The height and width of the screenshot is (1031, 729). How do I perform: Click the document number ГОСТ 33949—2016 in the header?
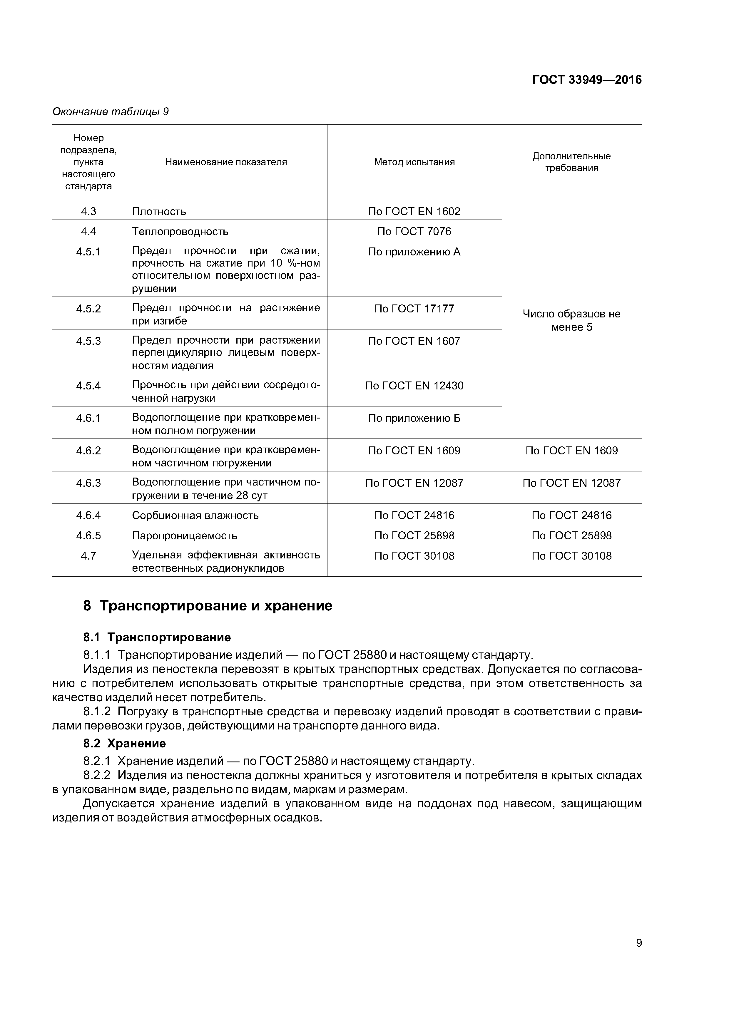pos(587,80)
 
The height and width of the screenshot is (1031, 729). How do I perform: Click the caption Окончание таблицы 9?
pos(111,111)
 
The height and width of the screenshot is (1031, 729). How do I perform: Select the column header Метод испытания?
pos(414,162)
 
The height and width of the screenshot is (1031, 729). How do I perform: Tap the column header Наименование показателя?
pos(226,162)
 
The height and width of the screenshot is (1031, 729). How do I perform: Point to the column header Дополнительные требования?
pos(571,162)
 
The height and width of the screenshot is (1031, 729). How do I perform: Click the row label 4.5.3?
pos(88,341)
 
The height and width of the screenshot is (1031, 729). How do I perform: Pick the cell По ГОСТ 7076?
pos(414,231)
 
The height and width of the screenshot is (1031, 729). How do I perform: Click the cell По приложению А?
pos(414,252)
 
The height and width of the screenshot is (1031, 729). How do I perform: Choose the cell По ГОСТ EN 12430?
pos(414,386)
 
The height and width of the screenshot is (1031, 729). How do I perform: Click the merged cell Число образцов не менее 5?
pos(571,320)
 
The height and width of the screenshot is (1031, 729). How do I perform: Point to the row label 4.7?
pos(88,556)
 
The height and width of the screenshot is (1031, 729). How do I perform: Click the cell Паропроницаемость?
pos(184,536)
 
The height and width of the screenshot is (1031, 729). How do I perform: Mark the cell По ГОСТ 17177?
pos(414,309)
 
